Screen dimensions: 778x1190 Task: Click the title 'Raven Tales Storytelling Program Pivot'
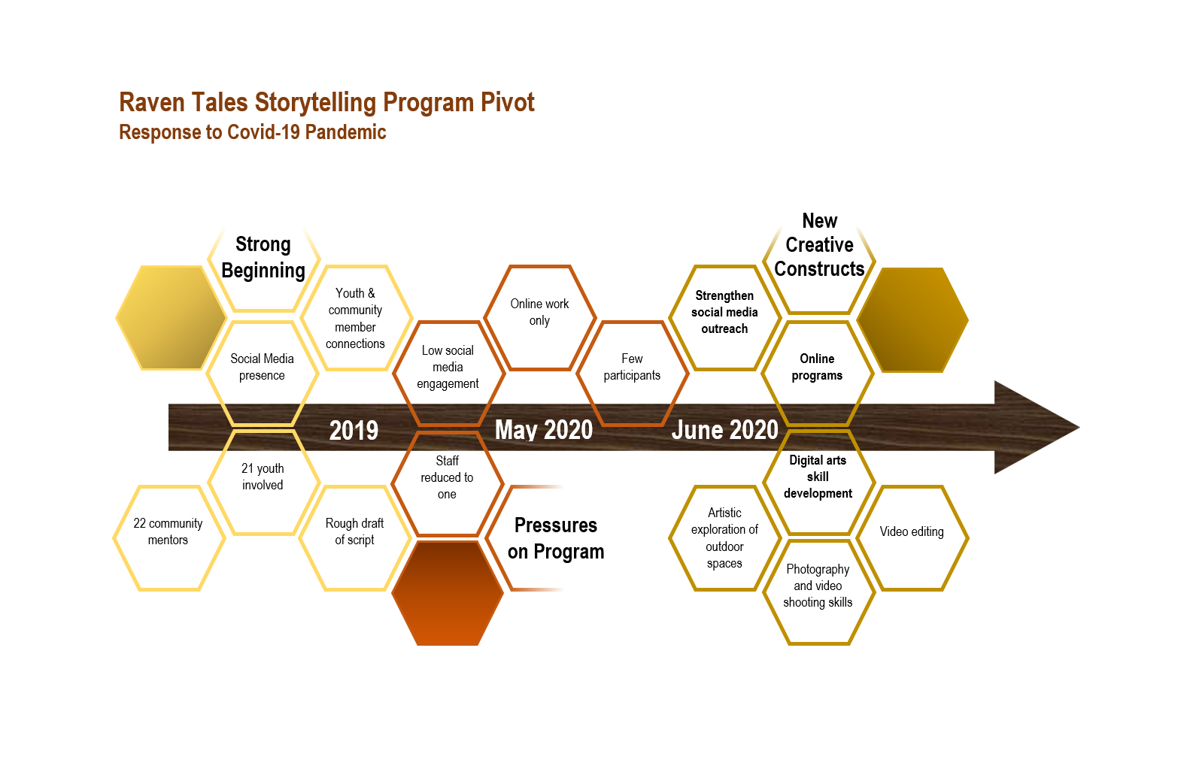tap(326, 102)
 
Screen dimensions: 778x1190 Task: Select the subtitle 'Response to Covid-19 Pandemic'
tap(253, 132)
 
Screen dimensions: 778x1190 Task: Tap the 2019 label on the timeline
tap(354, 430)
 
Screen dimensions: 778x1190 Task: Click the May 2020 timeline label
tap(544, 429)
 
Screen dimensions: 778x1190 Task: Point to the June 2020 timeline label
tap(724, 429)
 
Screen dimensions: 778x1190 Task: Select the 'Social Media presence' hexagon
tap(262, 367)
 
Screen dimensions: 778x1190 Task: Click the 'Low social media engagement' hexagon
tap(448, 367)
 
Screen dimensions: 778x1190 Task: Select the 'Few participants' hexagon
tap(632, 367)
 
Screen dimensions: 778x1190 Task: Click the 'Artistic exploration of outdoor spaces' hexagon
tap(724, 538)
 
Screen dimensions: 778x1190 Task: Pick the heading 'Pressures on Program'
tap(556, 538)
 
